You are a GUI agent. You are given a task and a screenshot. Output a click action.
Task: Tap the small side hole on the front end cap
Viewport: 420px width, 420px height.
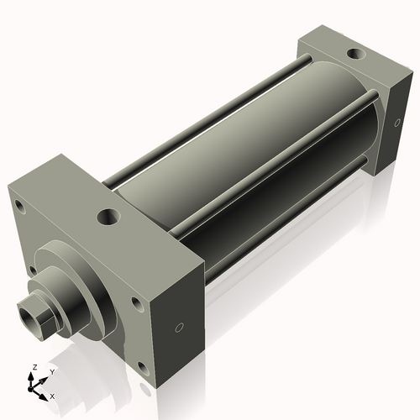178,328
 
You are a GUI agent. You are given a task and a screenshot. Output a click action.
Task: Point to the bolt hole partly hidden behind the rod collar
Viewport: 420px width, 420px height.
32,270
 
